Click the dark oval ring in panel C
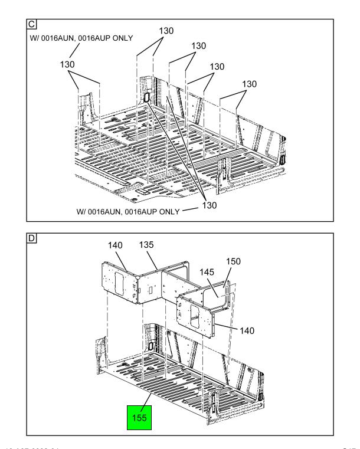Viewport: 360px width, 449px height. coord(143,99)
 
